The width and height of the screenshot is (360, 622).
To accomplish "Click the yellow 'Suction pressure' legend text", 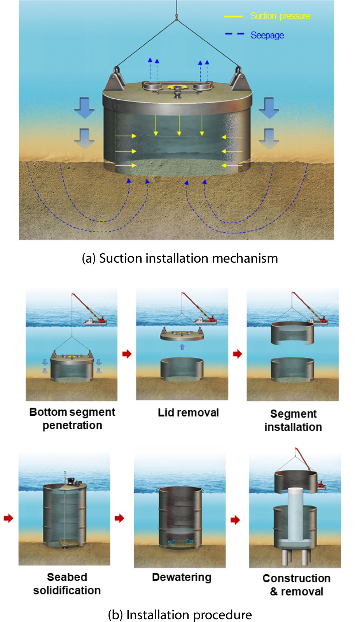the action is point(280,16).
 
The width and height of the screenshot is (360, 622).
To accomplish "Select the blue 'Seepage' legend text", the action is point(267,35).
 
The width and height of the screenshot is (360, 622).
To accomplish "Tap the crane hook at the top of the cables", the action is point(176,17).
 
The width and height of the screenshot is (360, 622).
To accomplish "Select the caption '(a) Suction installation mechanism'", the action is point(180,258).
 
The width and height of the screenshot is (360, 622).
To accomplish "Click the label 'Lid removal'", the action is point(188,413).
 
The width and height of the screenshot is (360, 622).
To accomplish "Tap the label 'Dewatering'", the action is point(182,577).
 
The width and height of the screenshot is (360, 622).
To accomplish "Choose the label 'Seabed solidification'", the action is point(67,584).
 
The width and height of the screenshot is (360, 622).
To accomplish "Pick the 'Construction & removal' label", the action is point(296,585).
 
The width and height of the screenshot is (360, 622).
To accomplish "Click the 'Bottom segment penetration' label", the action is point(72,419).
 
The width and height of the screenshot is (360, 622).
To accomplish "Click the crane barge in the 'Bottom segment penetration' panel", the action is point(95,321).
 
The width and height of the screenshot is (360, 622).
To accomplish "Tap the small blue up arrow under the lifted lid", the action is point(182,347).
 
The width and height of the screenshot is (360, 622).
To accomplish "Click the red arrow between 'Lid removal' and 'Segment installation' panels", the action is point(238,354).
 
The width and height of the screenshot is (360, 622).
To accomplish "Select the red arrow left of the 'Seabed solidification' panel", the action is point(8,518).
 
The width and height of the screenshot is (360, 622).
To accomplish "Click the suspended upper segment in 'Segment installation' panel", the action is point(292,333).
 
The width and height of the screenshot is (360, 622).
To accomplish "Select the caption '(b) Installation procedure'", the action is point(180,615).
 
